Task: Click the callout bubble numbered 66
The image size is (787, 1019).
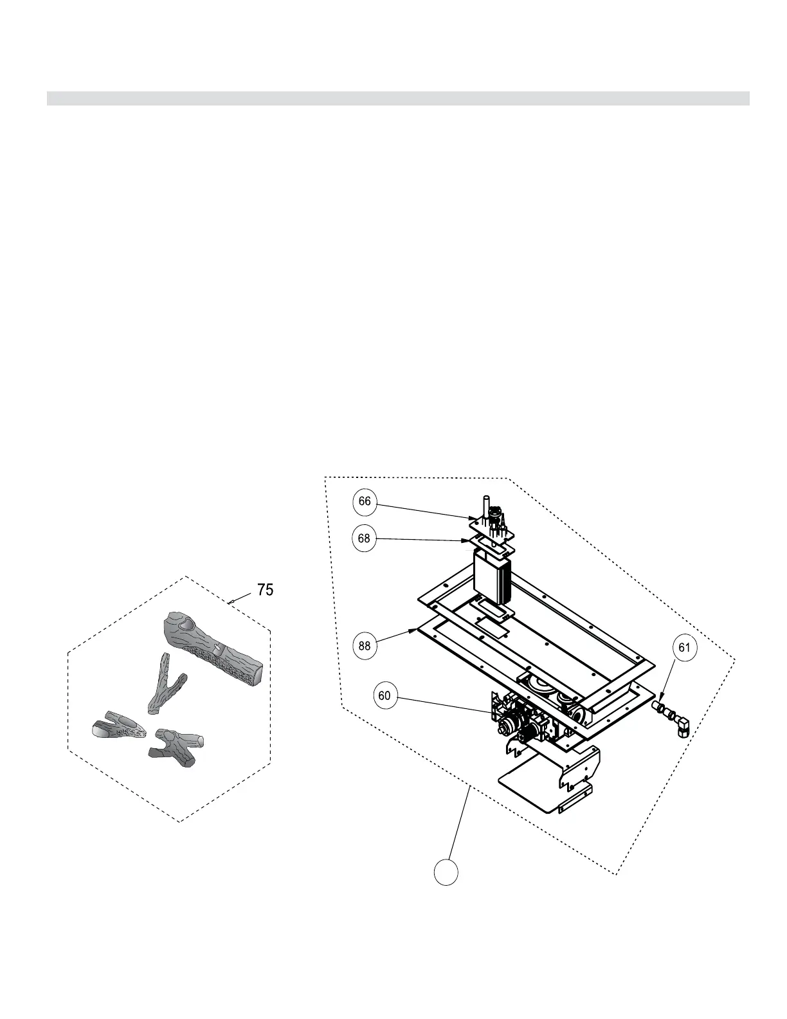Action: pos(365,502)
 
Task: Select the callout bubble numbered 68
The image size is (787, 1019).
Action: pos(365,538)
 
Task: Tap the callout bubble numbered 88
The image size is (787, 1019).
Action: pos(365,646)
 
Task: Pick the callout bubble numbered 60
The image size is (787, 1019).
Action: pos(384,695)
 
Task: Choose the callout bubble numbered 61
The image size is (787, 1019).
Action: pos(684,648)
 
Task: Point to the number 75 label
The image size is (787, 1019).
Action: pos(265,589)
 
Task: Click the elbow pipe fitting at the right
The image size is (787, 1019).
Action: pos(681,726)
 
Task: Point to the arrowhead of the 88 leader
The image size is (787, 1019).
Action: pos(417,630)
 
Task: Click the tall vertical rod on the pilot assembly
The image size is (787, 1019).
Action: pos(485,508)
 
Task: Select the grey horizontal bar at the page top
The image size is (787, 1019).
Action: pos(398,98)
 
